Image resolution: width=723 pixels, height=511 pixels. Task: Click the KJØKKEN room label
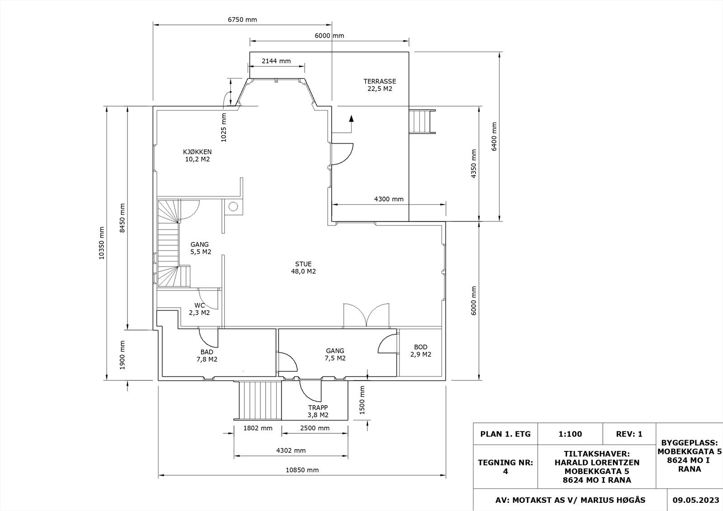(x=197, y=155)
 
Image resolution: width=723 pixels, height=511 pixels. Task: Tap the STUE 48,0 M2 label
(x=303, y=267)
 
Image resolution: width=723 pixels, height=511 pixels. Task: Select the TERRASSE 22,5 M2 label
(x=380, y=85)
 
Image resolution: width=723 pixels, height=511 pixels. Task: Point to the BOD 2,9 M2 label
(x=421, y=351)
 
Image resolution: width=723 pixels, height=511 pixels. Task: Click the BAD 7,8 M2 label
(x=207, y=356)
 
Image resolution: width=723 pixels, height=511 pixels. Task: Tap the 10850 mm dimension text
(x=302, y=470)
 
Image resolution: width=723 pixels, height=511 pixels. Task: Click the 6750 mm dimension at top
(x=242, y=19)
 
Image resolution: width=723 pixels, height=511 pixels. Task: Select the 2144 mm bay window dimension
(x=276, y=61)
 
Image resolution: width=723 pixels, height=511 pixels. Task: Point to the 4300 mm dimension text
(x=389, y=199)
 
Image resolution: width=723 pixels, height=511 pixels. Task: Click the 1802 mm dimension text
(x=258, y=428)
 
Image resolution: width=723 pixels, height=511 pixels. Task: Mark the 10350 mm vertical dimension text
(x=102, y=243)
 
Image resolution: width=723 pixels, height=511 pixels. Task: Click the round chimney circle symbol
(x=233, y=206)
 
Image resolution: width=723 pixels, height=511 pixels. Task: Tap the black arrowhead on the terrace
(x=352, y=118)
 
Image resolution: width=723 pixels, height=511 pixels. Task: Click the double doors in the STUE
(x=366, y=315)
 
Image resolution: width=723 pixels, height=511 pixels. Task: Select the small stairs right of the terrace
(x=422, y=122)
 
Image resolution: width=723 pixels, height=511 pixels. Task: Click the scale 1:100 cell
(x=570, y=434)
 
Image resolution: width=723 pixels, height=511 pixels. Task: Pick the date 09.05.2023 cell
(x=695, y=500)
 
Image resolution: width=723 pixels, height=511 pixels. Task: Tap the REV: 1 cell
(x=629, y=434)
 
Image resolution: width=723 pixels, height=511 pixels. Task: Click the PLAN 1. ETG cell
(x=506, y=434)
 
